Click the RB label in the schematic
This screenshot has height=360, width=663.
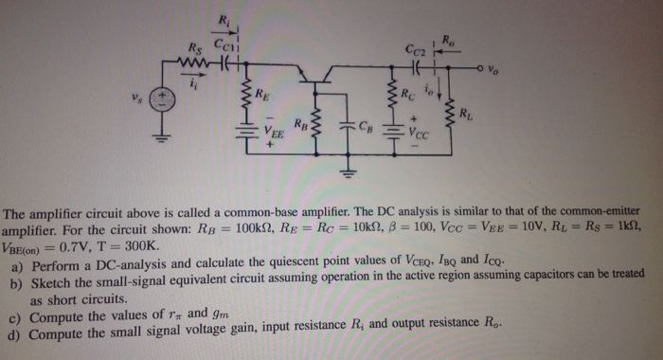point(299,123)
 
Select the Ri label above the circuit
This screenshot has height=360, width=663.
point(224,22)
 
